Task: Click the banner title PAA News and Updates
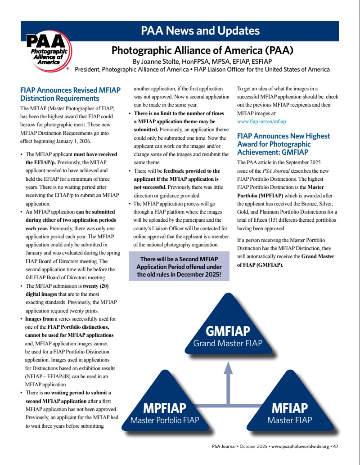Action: [200, 31]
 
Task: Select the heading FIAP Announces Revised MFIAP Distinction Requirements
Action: [70, 94]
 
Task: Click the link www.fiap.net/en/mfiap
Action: [261, 121]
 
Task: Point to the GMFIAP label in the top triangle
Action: [228, 332]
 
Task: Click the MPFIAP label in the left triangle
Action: [164, 408]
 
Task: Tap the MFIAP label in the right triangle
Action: [289, 408]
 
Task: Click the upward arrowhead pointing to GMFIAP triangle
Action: [228, 367]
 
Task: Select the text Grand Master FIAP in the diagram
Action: [228, 344]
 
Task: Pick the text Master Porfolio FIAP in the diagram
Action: [164, 420]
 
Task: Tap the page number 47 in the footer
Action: [336, 446]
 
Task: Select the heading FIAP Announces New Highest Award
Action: [283, 144]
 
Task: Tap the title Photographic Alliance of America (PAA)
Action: [202, 50]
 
